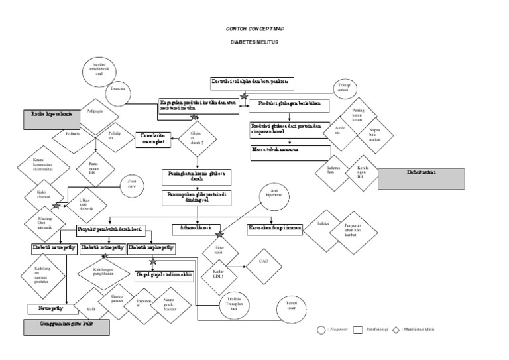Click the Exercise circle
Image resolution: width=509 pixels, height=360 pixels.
click(118, 88)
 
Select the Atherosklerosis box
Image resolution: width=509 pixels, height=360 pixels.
click(197, 229)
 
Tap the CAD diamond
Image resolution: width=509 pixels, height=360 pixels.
click(264, 263)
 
